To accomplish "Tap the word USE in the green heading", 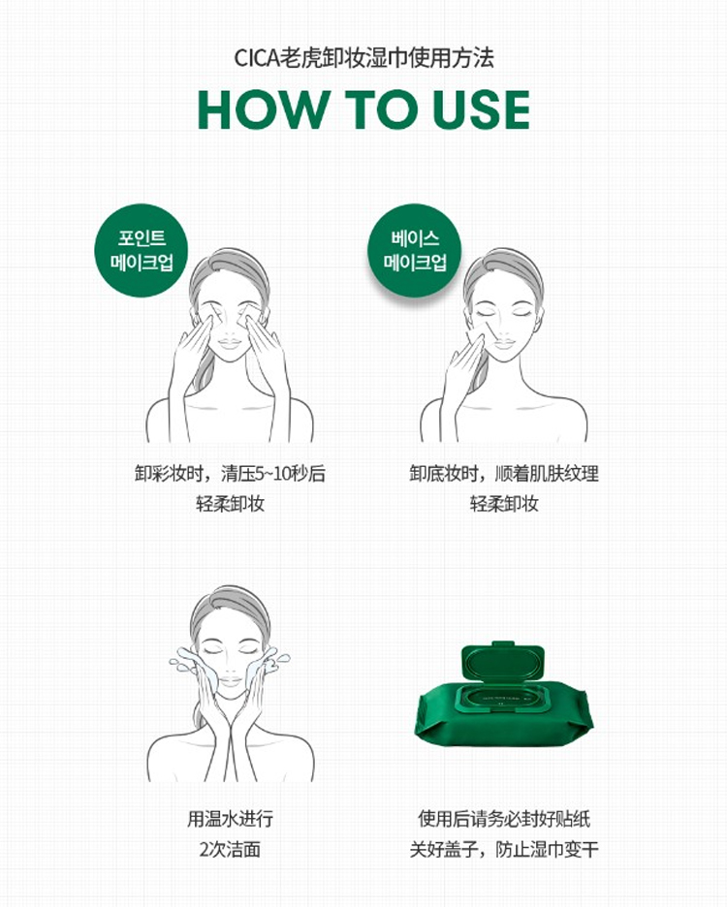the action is (481, 109).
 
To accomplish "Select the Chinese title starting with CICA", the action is (363, 58).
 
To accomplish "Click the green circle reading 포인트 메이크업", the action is (142, 250).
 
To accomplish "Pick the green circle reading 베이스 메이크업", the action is (415, 250).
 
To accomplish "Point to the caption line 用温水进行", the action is (230, 819).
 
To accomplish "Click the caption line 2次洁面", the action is (230, 849).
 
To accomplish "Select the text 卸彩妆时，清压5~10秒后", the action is (230, 473).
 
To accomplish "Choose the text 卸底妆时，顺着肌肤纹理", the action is (504, 473).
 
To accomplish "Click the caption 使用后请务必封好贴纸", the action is (504, 819).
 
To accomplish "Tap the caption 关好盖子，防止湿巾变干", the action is (504, 849).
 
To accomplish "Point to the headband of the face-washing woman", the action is (232, 602).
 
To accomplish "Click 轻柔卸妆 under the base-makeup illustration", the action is (504, 504).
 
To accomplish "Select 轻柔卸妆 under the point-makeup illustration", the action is (230, 504).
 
